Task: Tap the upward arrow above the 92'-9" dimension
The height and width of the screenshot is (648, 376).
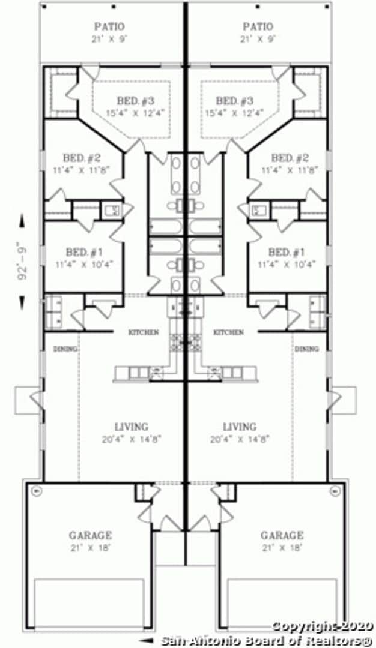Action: click(x=23, y=220)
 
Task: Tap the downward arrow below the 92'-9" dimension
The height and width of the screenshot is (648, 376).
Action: click(x=23, y=302)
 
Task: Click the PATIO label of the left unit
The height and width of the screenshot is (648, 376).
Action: click(x=110, y=27)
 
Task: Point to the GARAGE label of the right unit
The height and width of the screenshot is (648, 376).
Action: click(x=282, y=535)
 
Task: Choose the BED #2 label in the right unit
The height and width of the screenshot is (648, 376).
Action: click(x=290, y=158)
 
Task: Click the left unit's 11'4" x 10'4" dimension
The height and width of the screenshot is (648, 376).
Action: click(x=84, y=263)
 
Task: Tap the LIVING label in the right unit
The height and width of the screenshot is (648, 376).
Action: click(x=240, y=427)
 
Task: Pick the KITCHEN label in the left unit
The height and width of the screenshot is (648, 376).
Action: click(x=144, y=332)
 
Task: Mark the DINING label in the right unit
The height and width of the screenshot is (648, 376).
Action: click(x=306, y=349)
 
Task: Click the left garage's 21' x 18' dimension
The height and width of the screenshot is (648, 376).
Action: click(x=89, y=547)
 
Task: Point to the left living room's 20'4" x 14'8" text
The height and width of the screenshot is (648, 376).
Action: click(x=132, y=439)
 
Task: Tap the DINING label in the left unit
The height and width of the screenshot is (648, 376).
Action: click(x=65, y=349)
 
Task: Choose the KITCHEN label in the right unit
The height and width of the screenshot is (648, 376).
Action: click(x=229, y=332)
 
